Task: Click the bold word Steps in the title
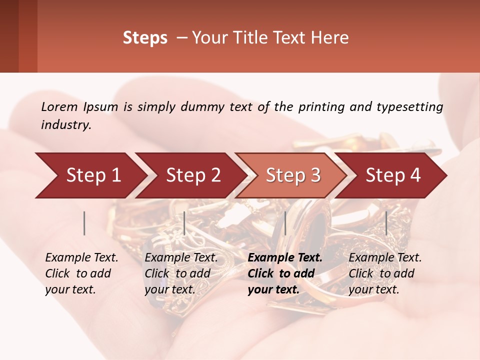click(145, 38)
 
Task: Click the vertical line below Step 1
click(84, 223)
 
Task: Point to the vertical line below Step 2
click(184, 223)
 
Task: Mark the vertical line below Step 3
click(285, 223)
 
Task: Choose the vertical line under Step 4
click(386, 223)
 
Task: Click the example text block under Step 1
click(81, 273)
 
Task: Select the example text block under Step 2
click(181, 273)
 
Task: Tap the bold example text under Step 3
click(285, 273)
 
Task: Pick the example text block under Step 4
click(385, 273)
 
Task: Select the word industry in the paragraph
click(65, 125)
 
